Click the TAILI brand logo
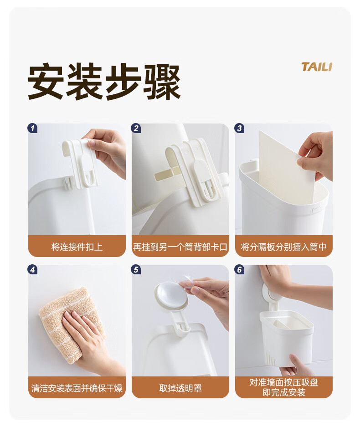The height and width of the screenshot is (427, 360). click(317, 67)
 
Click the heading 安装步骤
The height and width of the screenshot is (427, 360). click(104, 82)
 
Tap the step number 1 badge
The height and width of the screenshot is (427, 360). click(32, 128)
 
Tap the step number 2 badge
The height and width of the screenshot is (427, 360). click(136, 128)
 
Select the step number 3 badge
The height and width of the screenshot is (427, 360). click(239, 128)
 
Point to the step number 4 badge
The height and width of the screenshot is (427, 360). click(32, 270)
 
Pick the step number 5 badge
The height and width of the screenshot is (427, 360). click(136, 270)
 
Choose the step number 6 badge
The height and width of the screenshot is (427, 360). click(239, 270)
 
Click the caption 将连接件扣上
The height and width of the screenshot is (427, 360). click(77, 247)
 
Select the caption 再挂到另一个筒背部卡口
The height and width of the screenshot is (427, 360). click(180, 247)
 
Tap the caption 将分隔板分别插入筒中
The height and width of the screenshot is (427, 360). click(283, 247)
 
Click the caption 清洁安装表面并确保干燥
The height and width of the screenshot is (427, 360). click(77, 388)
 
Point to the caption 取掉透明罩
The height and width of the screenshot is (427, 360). click(180, 388)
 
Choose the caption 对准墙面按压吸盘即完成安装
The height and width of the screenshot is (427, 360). click(283, 387)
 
